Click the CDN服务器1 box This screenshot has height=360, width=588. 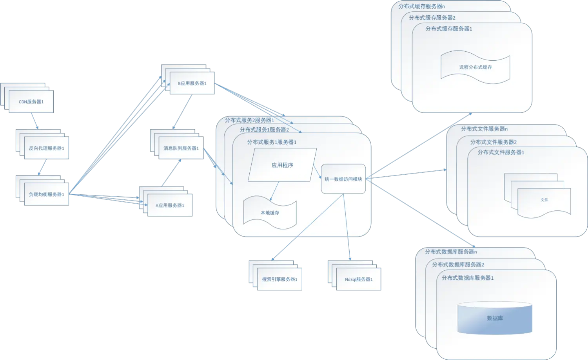31,102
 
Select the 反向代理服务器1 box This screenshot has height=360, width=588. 46,148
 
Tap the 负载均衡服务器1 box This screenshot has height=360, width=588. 46,194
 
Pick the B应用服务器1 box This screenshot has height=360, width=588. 192,83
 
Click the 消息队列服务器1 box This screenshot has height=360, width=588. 181,148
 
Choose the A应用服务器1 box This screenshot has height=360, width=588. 170,205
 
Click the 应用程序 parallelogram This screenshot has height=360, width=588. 282,165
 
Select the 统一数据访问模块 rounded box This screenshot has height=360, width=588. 343,179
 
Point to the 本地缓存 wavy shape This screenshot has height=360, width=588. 270,213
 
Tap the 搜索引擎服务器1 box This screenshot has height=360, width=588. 279,279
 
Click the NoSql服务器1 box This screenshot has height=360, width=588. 359,279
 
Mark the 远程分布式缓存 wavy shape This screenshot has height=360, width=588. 475,67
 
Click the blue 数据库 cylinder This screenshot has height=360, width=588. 495,318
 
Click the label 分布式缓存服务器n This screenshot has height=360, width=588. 421,6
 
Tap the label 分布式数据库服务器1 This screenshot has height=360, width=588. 467,278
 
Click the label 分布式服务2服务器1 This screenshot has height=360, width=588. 249,120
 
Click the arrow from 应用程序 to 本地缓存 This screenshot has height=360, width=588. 274,191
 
